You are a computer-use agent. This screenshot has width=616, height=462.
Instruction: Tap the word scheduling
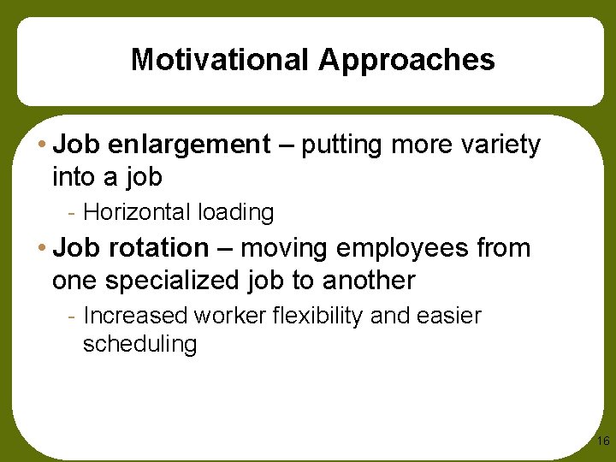[139, 345]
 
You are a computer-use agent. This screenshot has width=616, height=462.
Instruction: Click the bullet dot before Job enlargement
[44, 146]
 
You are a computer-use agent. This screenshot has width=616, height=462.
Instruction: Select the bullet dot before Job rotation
[44, 249]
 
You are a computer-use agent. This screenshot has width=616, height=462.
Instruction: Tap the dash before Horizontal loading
[75, 212]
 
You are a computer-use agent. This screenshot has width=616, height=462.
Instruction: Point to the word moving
[286, 249]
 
